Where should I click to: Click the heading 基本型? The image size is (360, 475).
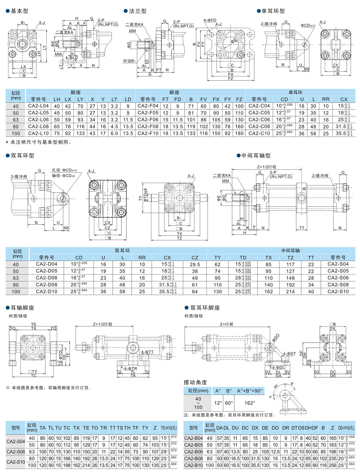[19, 11]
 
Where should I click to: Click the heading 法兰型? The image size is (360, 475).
[138, 11]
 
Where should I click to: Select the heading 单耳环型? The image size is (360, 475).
[273, 11]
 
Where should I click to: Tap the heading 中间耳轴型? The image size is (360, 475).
[256, 155]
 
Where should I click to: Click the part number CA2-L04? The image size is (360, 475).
[39, 106]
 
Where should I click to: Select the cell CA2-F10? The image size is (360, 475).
[148, 133]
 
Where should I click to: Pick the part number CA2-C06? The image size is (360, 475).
[259, 120]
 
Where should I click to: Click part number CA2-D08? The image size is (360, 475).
[46, 285]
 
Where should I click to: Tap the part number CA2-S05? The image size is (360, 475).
[338, 271]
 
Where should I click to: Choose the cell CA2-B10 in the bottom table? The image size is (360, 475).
[193, 465]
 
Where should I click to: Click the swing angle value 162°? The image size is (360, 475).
[249, 403]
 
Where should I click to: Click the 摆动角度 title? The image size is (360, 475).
[195, 382]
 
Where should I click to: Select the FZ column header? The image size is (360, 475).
[239, 99]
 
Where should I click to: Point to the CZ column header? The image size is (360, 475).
[195, 257]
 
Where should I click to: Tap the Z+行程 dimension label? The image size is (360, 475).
[226, 324]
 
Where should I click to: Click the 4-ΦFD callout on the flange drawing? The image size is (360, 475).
[210, 20]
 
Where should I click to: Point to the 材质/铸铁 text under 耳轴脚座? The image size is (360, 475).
[18, 316]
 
